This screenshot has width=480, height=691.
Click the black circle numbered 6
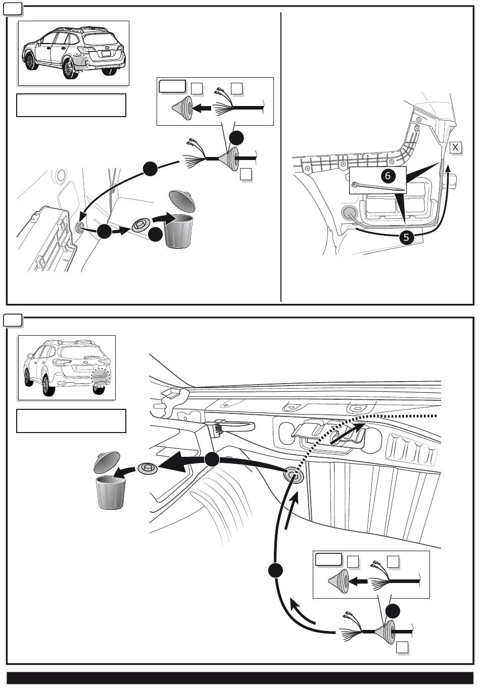(388, 176)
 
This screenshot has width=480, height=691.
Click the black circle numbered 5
(406, 237)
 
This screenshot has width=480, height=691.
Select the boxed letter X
(455, 147)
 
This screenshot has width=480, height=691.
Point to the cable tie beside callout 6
(378, 187)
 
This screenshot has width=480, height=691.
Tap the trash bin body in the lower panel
(111, 493)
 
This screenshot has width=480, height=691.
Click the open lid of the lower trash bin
(107, 462)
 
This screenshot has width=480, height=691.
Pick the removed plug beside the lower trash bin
(148, 468)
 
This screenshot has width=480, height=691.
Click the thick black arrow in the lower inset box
(358, 581)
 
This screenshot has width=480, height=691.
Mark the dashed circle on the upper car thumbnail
(80, 62)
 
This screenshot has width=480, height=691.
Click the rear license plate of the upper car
(106, 54)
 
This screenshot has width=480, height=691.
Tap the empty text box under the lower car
(71, 421)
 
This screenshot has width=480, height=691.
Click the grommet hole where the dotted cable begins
(294, 475)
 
